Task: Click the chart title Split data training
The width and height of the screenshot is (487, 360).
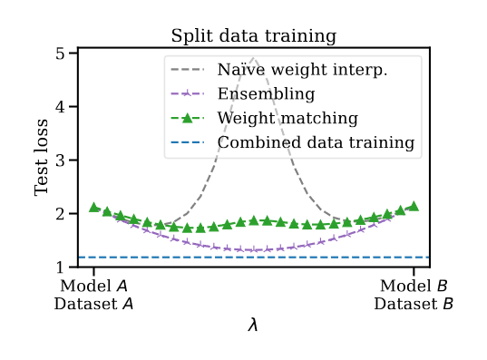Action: pyautogui.click(x=254, y=36)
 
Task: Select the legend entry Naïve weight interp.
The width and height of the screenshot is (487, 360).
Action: pyautogui.click(x=303, y=70)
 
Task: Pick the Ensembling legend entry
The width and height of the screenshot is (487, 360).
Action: pyautogui.click(x=266, y=93)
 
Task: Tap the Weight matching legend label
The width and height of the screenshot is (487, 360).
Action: pyautogui.click(x=287, y=118)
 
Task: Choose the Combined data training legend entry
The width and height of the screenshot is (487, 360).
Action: pyautogui.click(x=316, y=142)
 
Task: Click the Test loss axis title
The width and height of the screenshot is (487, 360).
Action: pyautogui.click(x=42, y=161)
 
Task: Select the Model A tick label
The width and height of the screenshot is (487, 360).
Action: pyautogui.click(x=94, y=287)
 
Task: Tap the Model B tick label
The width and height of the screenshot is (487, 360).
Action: pyautogui.click(x=414, y=287)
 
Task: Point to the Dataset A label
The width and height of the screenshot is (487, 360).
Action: pyautogui.click(x=94, y=305)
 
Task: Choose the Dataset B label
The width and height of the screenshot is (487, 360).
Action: pyautogui.click(x=414, y=305)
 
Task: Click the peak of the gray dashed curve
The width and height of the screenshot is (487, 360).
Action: pyautogui.click(x=254, y=59)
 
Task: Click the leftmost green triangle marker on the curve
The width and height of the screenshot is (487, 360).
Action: pyautogui.click(x=94, y=207)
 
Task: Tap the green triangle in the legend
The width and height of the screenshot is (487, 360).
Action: pyautogui.click(x=186, y=118)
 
